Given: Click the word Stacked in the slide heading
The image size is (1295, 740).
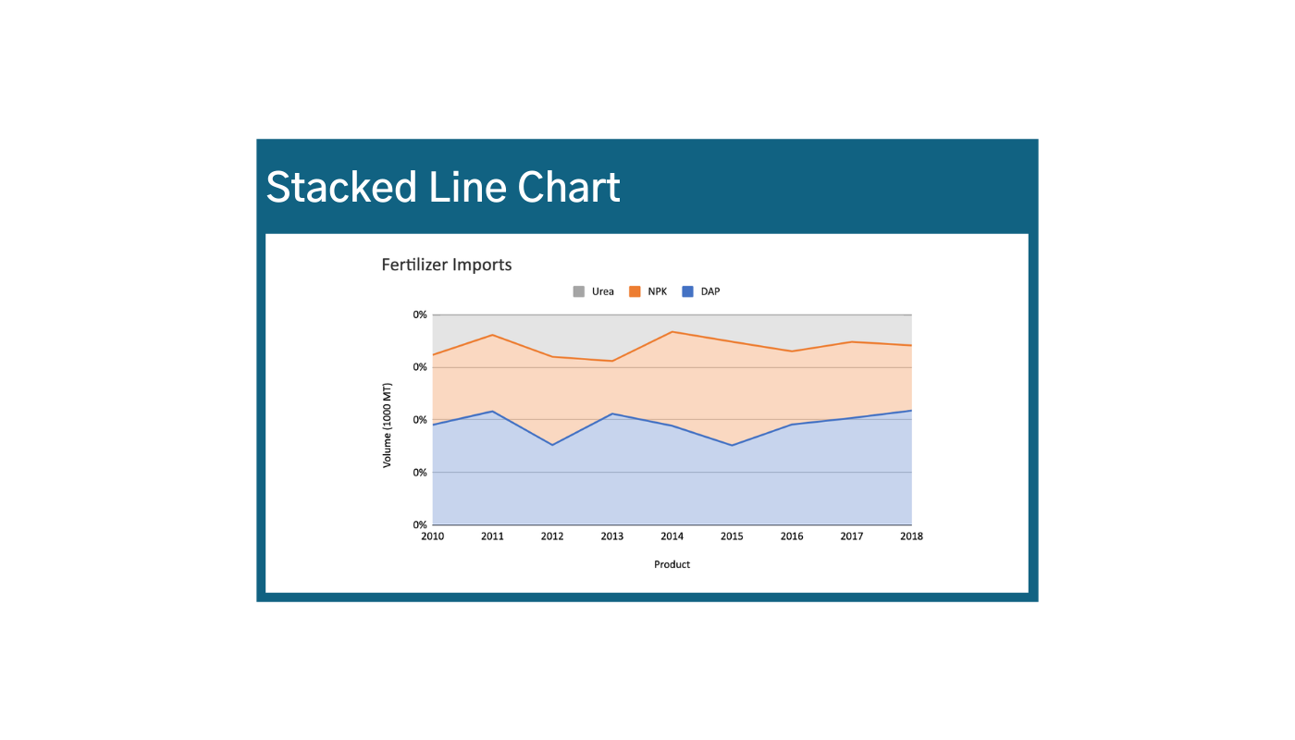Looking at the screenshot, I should [x=341, y=188].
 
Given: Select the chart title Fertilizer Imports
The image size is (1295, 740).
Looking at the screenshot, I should [x=447, y=265].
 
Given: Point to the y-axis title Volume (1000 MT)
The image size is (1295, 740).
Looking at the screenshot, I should [x=388, y=425].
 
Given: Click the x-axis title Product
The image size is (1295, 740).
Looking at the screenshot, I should [x=672, y=564].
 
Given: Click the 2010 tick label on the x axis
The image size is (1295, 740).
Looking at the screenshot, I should [x=432, y=536].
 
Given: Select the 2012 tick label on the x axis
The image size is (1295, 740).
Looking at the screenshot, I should [x=552, y=536].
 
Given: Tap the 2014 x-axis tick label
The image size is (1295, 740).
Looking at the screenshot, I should [x=672, y=536].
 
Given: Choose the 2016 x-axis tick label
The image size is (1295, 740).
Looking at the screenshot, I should [x=792, y=536].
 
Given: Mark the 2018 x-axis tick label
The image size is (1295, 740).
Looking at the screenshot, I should [x=911, y=536].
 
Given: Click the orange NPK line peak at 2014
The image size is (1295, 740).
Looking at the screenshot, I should [x=672, y=331].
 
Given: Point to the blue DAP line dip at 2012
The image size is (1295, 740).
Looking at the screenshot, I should [x=552, y=445].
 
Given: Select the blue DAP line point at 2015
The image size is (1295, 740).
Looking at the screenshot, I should [x=732, y=446].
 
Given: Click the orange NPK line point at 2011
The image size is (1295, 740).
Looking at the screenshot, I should [x=492, y=335].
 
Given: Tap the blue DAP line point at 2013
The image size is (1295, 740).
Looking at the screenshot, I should [x=612, y=413].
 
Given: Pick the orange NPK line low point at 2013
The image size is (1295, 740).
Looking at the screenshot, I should [x=612, y=361].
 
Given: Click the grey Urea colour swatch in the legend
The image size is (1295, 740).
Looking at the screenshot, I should [x=579, y=291].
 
